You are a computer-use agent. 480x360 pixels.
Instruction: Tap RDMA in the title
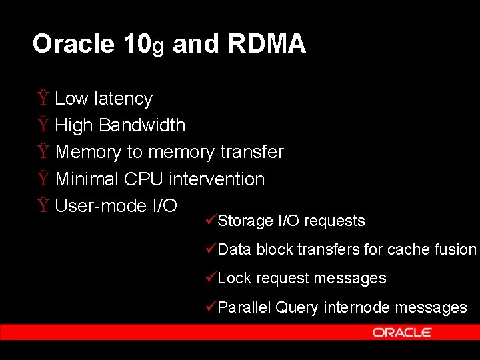pos(267,44)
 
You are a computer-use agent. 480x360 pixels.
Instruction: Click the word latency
pos(123,99)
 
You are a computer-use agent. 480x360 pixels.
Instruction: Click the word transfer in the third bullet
pos(252,152)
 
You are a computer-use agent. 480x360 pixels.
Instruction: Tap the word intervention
pos(217,179)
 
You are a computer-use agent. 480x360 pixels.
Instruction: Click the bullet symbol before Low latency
pos(43,99)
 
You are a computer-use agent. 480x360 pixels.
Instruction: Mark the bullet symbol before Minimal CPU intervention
pos(43,179)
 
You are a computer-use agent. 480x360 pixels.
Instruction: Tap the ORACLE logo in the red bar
pos(402,332)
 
